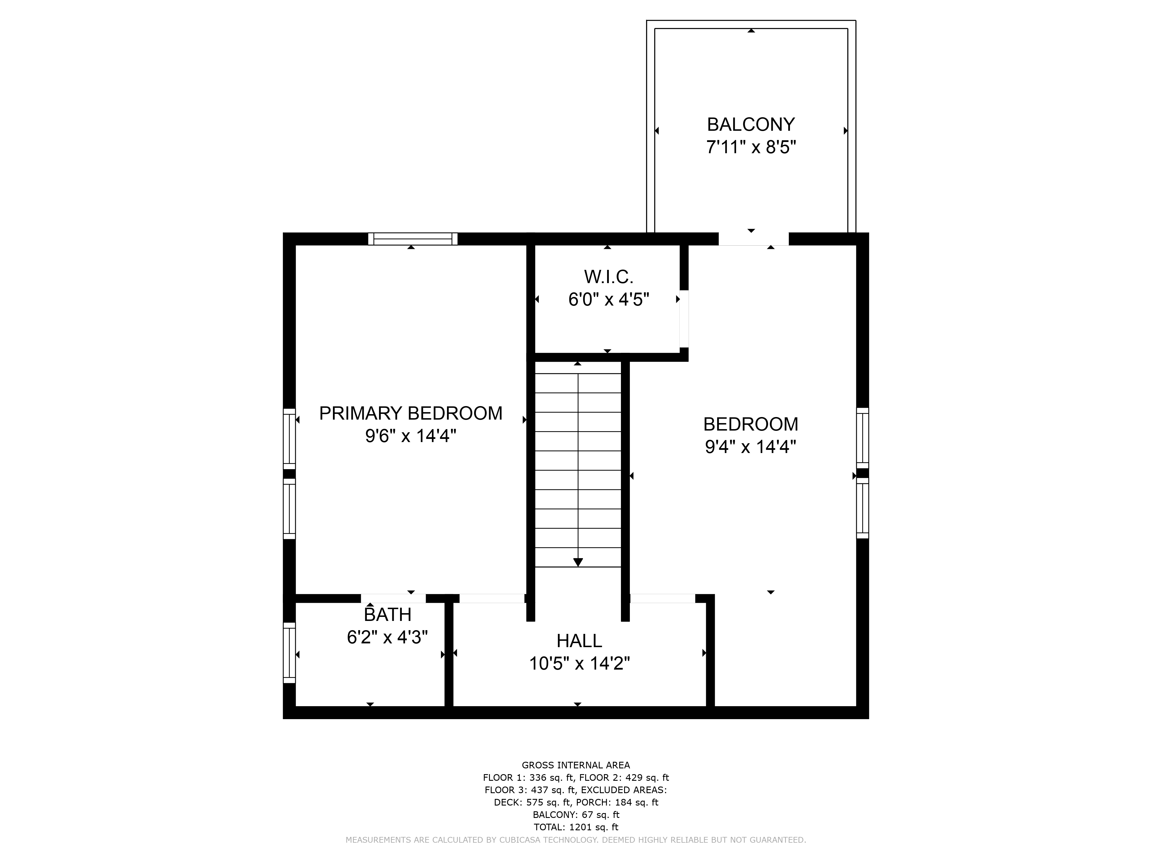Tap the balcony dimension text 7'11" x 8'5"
pos(751,147)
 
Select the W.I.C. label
pos(608,276)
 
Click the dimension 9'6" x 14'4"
pos(410,436)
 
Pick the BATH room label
pos(387,615)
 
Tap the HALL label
pos(579,641)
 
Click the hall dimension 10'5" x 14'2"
pos(579,664)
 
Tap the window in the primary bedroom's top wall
pos(412,239)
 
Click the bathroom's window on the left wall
pos(289,653)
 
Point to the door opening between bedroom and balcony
pos(754,239)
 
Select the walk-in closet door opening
pos(684,319)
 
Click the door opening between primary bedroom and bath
pos(393,598)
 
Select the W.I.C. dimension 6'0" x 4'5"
pos(608,300)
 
